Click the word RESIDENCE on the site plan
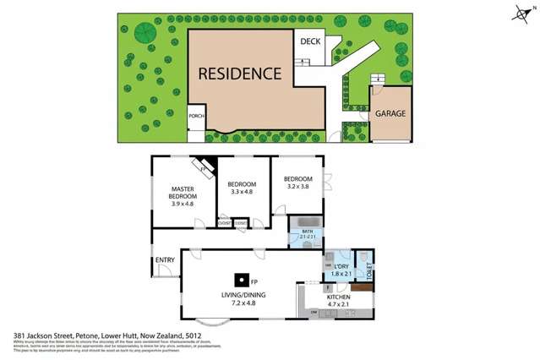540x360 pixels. pyautogui.click(x=239, y=73)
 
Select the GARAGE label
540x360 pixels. pyautogui.click(x=390, y=112)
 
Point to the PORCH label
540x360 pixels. pyautogui.click(x=195, y=117)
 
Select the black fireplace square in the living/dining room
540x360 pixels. pyautogui.click(x=241, y=281)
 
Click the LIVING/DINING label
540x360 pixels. pyautogui.click(x=243, y=295)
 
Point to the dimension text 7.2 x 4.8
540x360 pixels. pyautogui.click(x=243, y=303)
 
